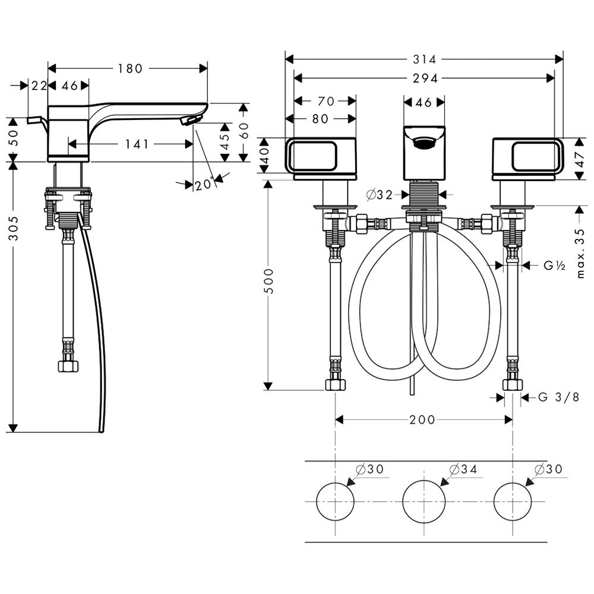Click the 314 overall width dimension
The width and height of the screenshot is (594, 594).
point(425,59)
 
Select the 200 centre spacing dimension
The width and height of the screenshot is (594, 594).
point(422,420)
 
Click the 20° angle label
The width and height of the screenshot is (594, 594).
point(204,184)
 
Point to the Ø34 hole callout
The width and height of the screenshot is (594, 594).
point(463,469)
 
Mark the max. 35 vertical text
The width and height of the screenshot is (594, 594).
point(581,254)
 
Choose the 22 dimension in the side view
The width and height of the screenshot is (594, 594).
point(39,86)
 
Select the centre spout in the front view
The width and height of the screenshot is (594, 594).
point(424,152)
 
